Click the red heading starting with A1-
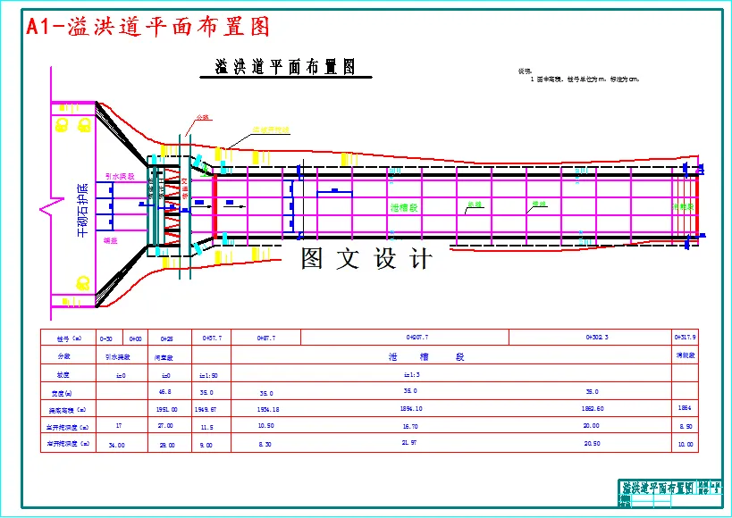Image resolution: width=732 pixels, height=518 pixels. point(148,27)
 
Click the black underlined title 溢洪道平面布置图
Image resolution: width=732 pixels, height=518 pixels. point(286,67)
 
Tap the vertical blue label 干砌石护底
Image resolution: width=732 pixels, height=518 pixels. point(82,211)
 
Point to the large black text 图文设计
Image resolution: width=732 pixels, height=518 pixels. point(366,260)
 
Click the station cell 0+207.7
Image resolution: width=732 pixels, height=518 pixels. point(417,338)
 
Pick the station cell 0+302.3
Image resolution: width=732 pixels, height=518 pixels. point(597,338)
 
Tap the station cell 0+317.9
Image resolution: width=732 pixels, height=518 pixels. point(685,338)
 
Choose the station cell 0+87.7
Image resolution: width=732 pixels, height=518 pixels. point(265,338)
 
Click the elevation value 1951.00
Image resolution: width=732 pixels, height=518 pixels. point(166,409)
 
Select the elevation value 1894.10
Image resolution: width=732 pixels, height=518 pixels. point(412,409)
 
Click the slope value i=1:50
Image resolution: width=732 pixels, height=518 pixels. point(208,375)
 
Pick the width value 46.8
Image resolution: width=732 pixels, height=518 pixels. point(164,392)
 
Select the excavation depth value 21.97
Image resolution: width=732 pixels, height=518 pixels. point(410,443)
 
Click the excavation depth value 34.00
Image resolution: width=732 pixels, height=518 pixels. point(116,444)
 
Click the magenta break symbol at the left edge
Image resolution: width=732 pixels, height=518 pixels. point(46,211)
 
